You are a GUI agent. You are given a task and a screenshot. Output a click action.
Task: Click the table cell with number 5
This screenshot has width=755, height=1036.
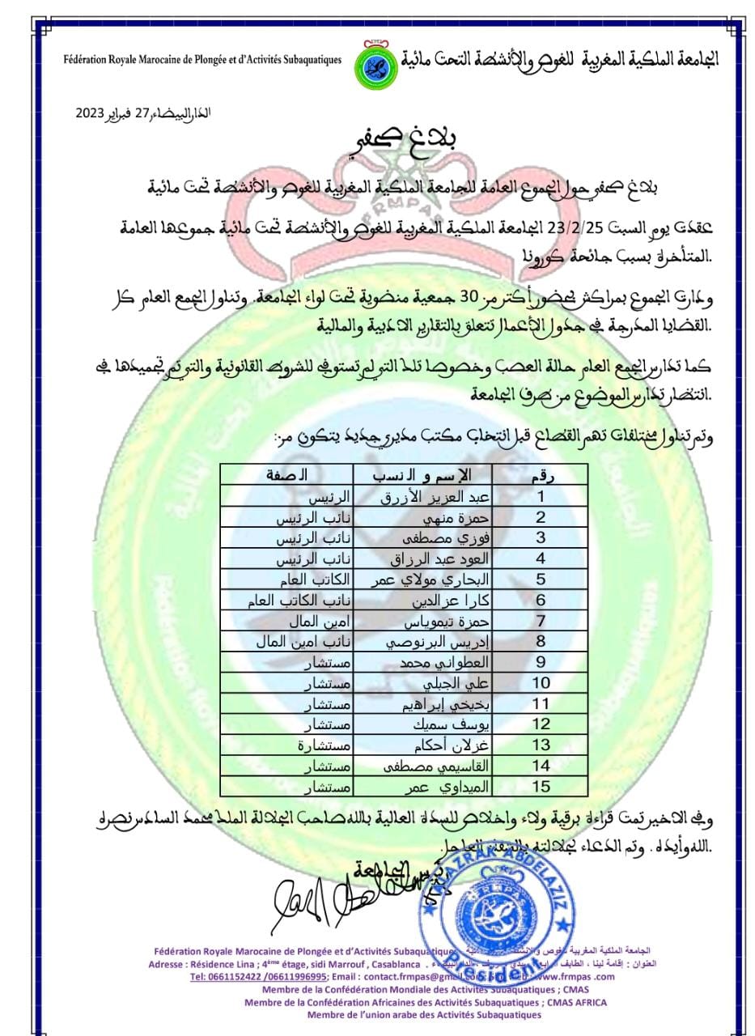pos(540,580)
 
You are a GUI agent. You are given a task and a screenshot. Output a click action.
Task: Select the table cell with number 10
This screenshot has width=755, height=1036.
pos(540,683)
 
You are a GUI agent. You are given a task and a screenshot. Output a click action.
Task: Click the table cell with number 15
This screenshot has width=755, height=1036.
pos(540,786)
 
